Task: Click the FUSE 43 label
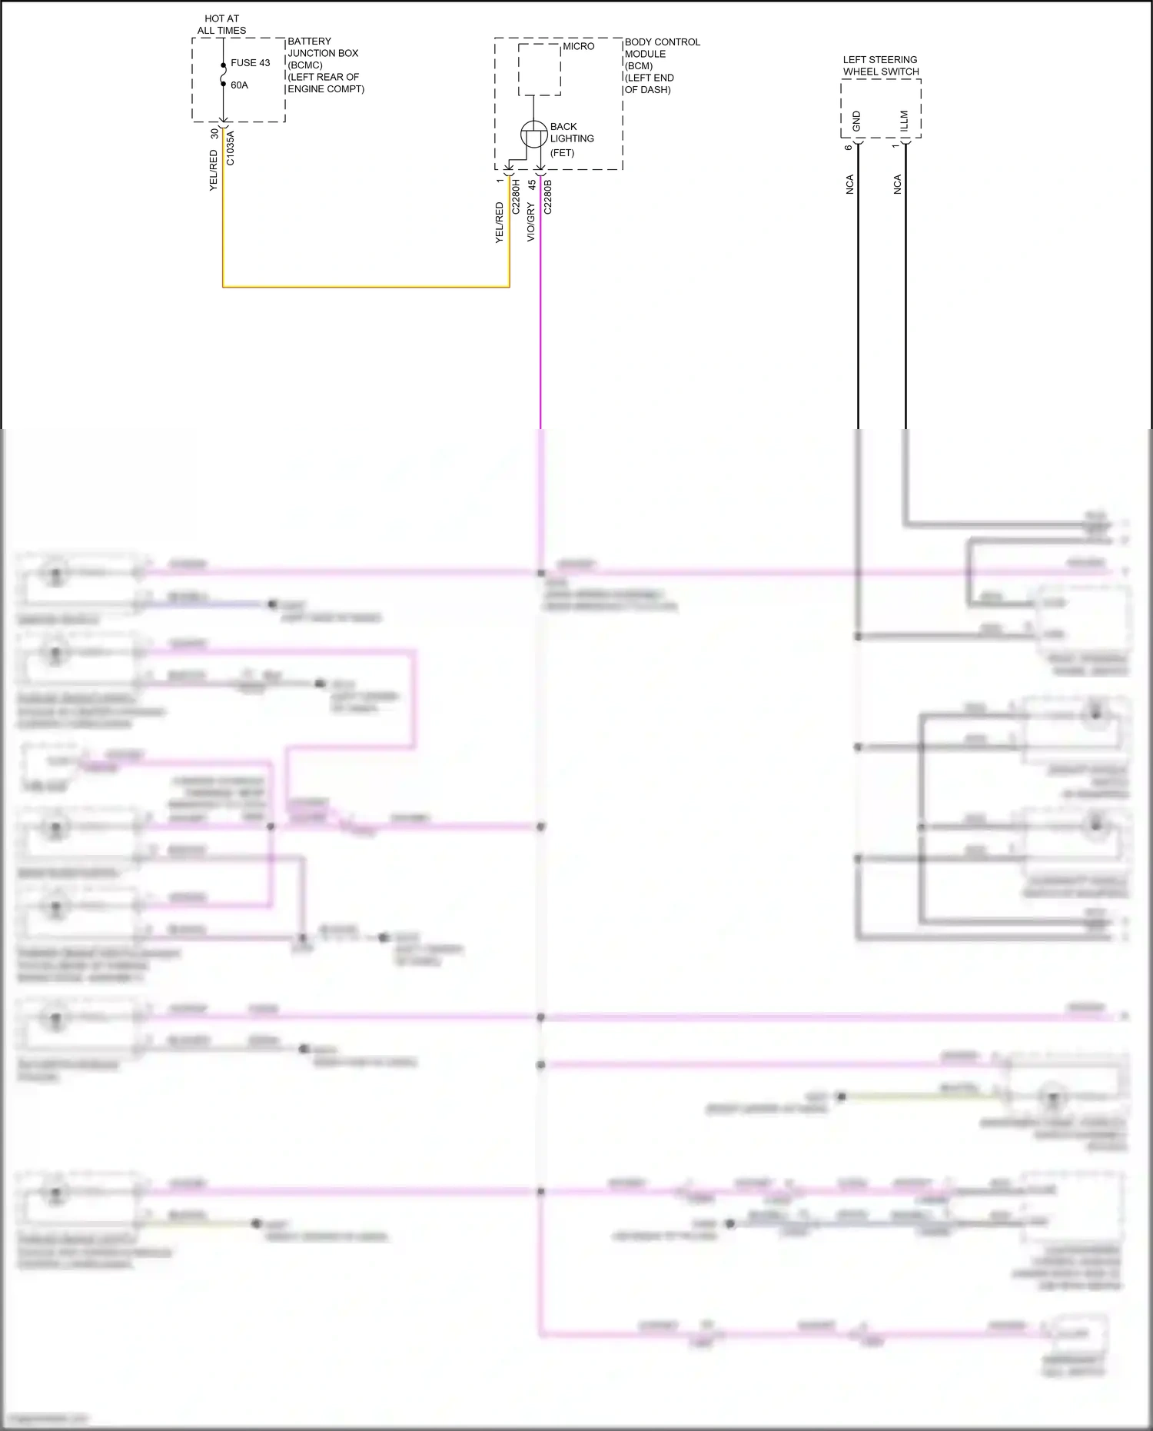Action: coord(250,63)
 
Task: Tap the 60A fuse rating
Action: coord(239,85)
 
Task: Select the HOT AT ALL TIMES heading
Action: coord(221,25)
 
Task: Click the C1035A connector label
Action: coord(231,148)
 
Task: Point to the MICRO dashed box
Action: coord(539,69)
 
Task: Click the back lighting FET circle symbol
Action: coord(533,135)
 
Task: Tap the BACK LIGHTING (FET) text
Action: coord(571,139)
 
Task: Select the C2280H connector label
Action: coord(516,196)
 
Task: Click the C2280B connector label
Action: coord(548,196)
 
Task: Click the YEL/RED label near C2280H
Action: coord(499,223)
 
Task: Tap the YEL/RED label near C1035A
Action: coord(214,171)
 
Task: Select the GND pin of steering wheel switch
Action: coord(857,121)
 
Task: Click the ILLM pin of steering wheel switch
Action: coord(905,121)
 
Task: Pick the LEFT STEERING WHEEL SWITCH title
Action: coord(880,65)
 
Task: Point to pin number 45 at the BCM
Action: coord(531,185)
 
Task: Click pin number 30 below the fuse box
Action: coord(214,134)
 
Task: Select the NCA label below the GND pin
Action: coord(849,185)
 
